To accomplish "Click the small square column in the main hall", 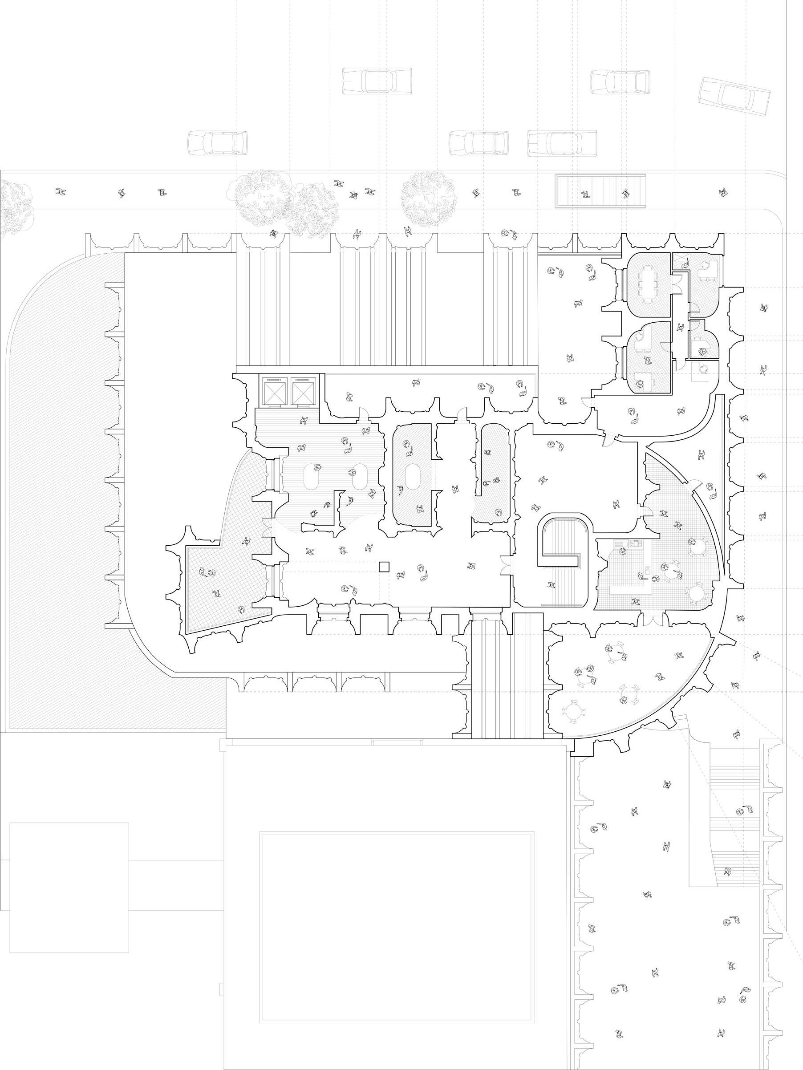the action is (x=384, y=567).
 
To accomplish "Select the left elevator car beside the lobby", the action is (x=275, y=390).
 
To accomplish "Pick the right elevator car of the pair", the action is (x=302, y=390).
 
